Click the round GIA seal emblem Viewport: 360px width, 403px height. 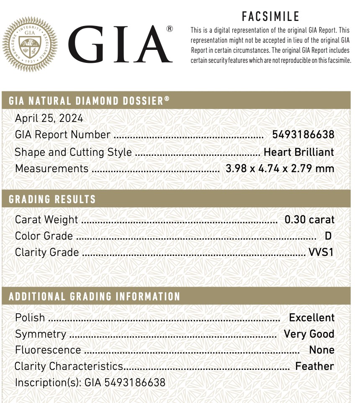[x=30, y=44]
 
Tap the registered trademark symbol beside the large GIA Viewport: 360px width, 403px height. [x=170, y=29]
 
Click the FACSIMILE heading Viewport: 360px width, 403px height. [x=270, y=17]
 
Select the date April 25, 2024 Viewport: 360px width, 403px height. [x=49, y=118]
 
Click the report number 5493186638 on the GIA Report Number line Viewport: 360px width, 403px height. [x=303, y=134]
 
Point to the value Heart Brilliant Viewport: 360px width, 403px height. [x=299, y=152]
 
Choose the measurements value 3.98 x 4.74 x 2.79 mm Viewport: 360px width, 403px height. [x=280, y=168]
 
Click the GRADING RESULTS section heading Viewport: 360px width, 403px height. [x=52, y=199]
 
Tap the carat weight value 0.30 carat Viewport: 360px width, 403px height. [x=309, y=220]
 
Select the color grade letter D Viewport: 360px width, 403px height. [x=328, y=236]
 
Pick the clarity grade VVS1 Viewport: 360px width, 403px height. [x=321, y=252]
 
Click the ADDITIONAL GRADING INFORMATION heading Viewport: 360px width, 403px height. [x=94, y=297]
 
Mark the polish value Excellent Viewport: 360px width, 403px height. [x=312, y=318]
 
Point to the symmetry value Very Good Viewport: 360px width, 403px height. [x=309, y=334]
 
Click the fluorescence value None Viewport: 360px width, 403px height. [x=321, y=350]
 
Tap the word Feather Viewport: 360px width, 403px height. [x=314, y=366]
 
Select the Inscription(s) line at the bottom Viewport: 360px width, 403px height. [x=90, y=382]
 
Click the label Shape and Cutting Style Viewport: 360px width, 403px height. [x=73, y=152]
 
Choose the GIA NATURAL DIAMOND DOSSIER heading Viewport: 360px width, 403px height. [x=89, y=101]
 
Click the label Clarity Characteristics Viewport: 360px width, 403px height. [x=69, y=366]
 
